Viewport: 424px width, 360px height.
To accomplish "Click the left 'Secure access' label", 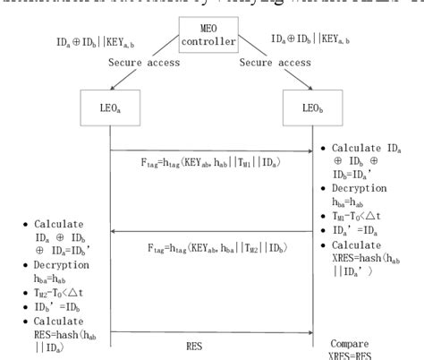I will point(139,63).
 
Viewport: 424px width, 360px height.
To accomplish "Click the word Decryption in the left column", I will point(64,265).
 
